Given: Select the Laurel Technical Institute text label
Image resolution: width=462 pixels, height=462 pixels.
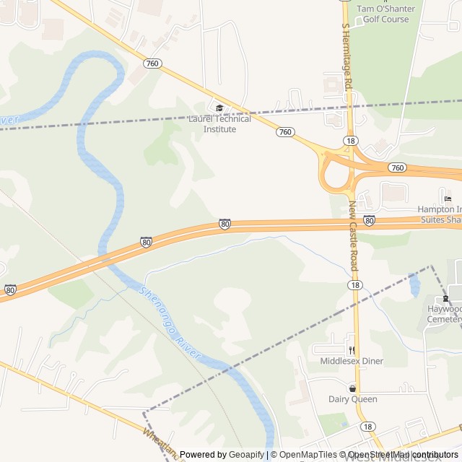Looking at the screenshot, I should tap(219, 124).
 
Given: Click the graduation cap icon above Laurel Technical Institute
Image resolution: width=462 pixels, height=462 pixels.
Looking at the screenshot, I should tap(219, 108).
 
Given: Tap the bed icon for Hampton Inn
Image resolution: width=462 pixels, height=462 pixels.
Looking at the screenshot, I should tap(448, 199).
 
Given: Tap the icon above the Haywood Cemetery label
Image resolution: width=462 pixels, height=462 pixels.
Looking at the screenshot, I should tap(445, 298).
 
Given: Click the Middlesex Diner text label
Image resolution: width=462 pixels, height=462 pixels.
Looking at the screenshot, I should tap(352, 361).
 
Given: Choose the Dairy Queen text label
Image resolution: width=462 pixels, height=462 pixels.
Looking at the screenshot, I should tap(352, 399).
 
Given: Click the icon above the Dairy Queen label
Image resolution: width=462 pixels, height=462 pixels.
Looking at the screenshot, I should tap(352, 388).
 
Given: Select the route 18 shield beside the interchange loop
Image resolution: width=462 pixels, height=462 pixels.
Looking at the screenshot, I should tap(349, 141).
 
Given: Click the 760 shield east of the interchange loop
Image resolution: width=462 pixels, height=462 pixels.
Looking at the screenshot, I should tap(396, 167).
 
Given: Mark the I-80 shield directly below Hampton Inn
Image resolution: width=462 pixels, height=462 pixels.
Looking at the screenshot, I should tap(369, 219).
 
